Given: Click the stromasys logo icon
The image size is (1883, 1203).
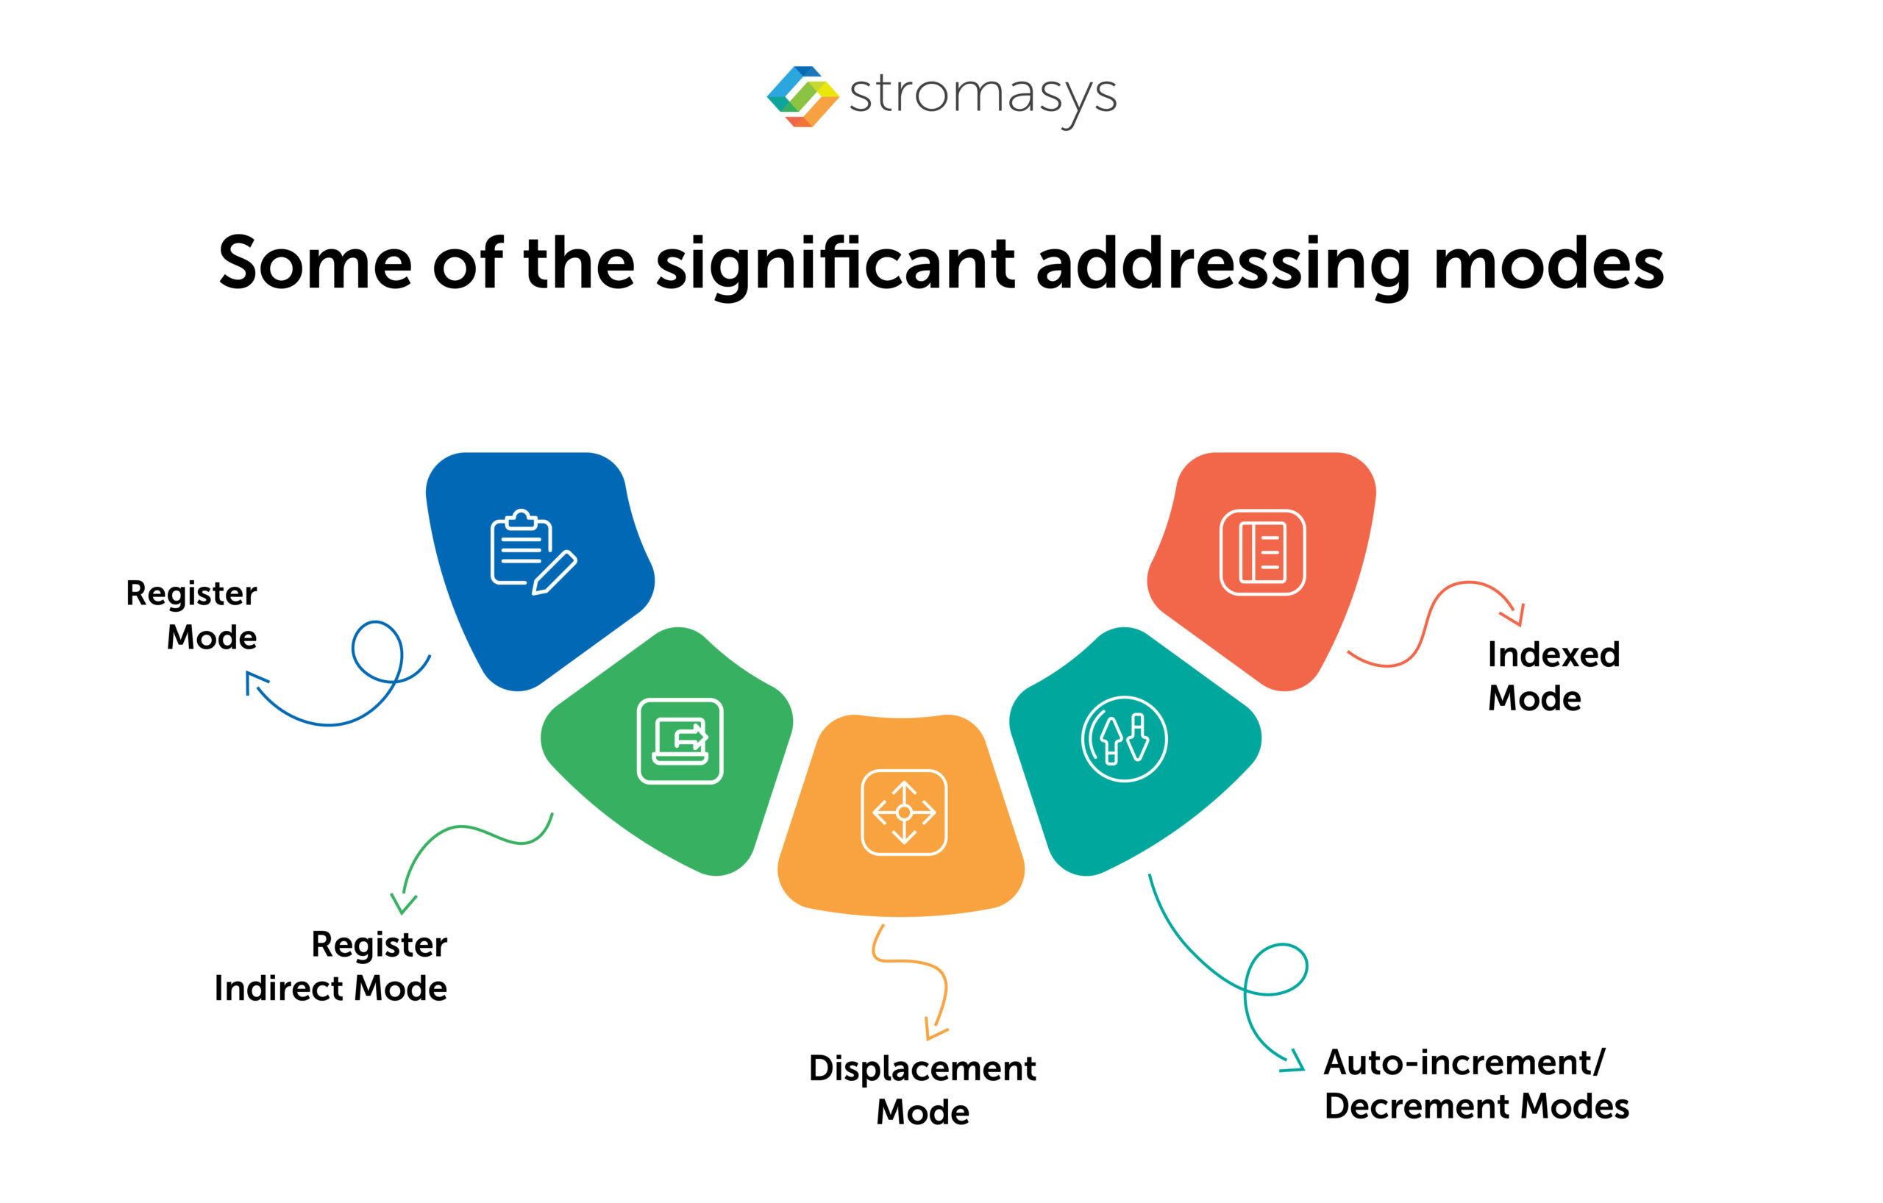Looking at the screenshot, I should tap(802, 96).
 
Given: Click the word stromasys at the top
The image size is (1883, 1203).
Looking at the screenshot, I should tap(982, 96).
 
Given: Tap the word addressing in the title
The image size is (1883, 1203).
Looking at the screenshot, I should tap(1223, 264).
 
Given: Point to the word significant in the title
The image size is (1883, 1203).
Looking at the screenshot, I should tap(835, 265).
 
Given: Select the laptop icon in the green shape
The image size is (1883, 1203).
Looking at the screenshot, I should tap(680, 740).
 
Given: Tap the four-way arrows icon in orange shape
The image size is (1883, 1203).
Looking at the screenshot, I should tap(904, 812).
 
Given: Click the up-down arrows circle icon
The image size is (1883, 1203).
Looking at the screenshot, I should tap(1124, 739).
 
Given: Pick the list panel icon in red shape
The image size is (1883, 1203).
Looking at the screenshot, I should tap(1262, 551).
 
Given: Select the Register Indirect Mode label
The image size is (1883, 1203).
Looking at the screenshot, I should tap(331, 965).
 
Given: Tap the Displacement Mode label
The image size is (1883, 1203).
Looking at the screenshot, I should tap(922, 1089).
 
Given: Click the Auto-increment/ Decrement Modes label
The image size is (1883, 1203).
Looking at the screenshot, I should tap(1476, 1083).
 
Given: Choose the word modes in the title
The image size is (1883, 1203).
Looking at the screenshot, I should tap(1548, 264).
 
